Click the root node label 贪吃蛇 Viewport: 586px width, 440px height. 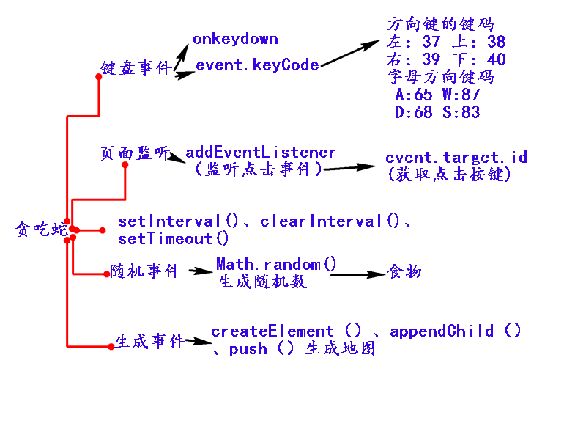(x=40, y=230)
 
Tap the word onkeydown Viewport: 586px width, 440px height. (x=235, y=39)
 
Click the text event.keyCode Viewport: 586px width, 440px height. (x=257, y=65)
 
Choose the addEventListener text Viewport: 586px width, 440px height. (x=261, y=153)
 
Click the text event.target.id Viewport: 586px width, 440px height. (x=456, y=158)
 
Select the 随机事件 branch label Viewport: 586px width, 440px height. (x=145, y=271)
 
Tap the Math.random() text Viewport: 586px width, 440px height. (x=277, y=264)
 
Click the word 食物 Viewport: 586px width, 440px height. (x=405, y=272)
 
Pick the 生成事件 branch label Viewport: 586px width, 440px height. (x=149, y=342)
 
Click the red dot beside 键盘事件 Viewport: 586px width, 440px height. (x=98, y=76)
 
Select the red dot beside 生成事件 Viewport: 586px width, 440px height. (x=111, y=346)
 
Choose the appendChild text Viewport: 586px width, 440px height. (x=442, y=331)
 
